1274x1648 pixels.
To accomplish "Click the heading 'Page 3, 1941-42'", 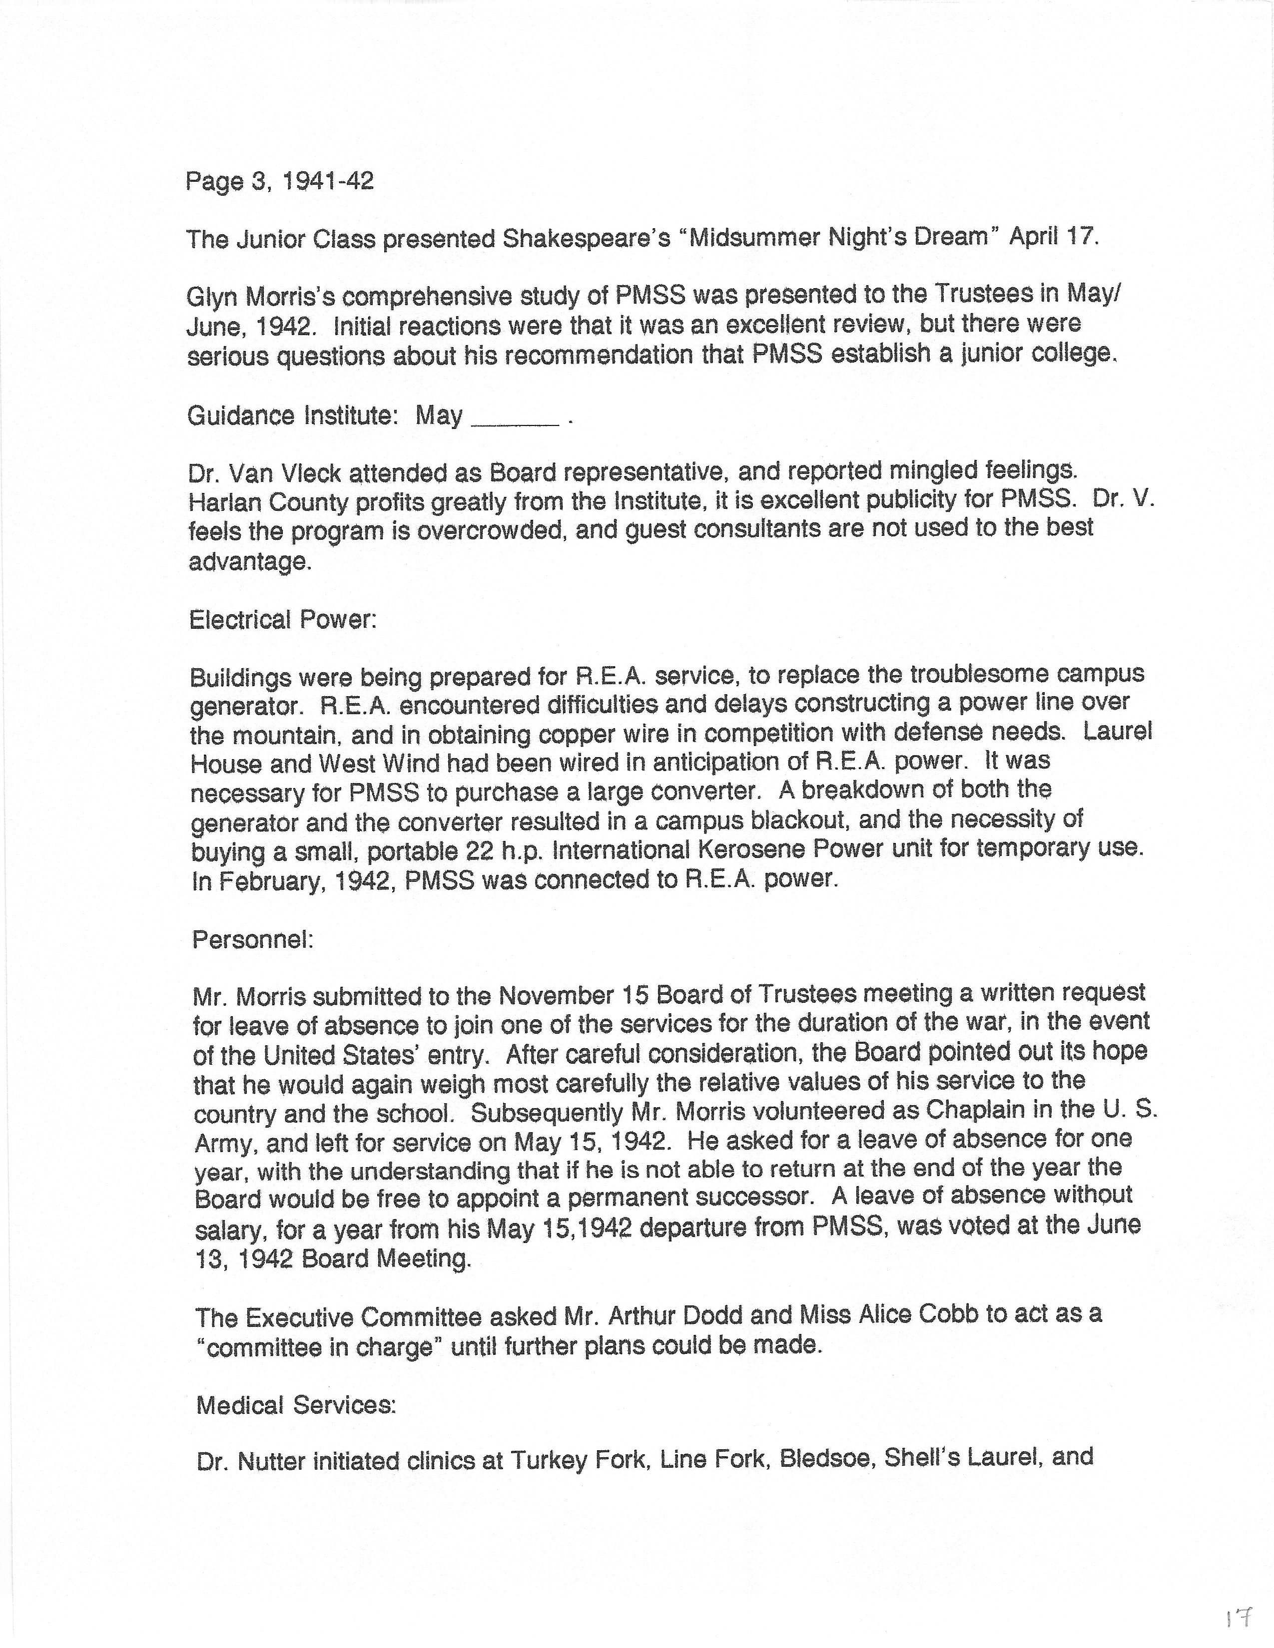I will [x=280, y=182].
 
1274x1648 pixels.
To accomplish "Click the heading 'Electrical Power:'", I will [x=283, y=620].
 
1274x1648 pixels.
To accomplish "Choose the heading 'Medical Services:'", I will [x=296, y=1404].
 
